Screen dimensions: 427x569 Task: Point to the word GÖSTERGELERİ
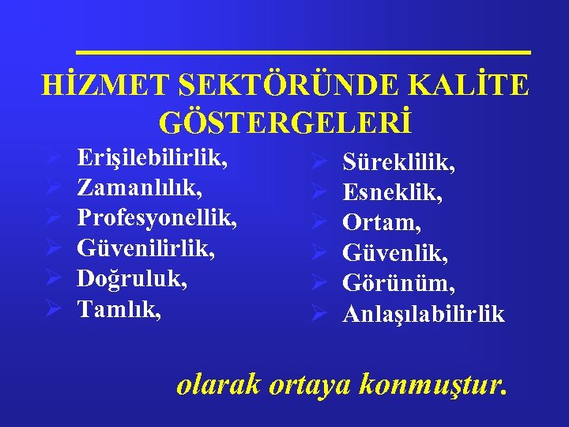pyautogui.click(x=285, y=123)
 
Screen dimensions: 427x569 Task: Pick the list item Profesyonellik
pyautogui.click(x=157, y=218)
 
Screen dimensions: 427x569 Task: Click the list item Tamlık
pyautogui.click(x=119, y=308)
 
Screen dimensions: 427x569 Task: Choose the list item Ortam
pyautogui.click(x=381, y=224)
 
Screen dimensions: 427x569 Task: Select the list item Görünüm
pyautogui.click(x=398, y=284)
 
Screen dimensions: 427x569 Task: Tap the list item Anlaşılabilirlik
pyautogui.click(x=424, y=314)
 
